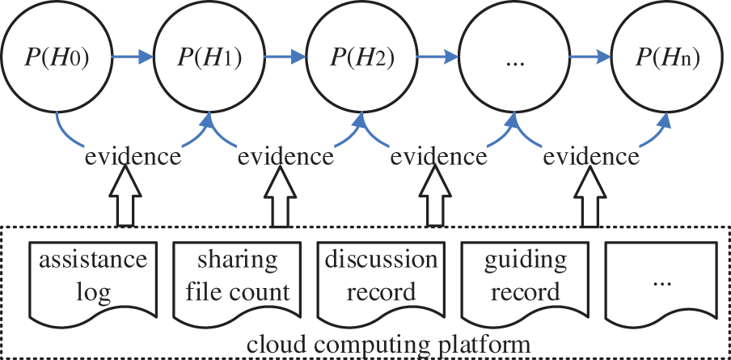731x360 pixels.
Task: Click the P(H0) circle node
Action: pyautogui.click(x=56, y=57)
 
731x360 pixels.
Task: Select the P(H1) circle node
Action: pyautogui.click(x=209, y=57)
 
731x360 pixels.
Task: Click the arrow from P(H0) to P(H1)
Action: pyautogui.click(x=132, y=57)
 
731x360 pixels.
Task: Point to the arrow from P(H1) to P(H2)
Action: pyautogui.click(x=285, y=57)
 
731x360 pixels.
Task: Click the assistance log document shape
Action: pyautogui.click(x=93, y=279)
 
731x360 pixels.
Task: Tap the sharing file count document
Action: pyautogui.click(x=236, y=279)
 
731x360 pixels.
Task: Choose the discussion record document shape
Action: pyautogui.click(x=381, y=279)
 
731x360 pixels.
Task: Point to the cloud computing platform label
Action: pyautogui.click(x=382, y=343)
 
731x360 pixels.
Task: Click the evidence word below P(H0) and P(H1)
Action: pyautogui.click(x=133, y=155)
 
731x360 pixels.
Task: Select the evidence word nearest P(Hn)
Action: pyautogui.click(x=590, y=155)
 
